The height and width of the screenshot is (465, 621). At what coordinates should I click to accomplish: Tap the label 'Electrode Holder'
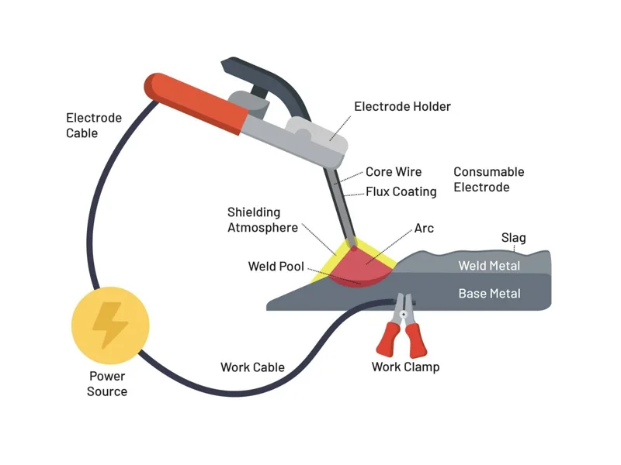tap(402, 106)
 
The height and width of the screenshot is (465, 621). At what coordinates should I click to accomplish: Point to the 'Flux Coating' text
tap(401, 191)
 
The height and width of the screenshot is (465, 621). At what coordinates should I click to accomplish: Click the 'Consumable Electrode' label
tap(489, 180)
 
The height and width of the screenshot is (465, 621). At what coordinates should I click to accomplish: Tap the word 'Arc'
tap(424, 229)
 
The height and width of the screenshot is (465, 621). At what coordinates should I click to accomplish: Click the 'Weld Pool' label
tap(276, 267)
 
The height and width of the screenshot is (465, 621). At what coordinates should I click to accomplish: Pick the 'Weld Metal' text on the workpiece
tap(489, 266)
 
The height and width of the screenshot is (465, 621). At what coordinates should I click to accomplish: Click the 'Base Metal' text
tap(489, 294)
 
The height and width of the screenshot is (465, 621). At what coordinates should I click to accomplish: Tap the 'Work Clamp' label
tap(405, 367)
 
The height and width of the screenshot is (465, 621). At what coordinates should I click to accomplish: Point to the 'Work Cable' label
tap(252, 367)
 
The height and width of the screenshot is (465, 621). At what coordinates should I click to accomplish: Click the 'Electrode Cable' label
tap(94, 126)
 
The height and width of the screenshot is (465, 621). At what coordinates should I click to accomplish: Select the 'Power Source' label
tap(107, 384)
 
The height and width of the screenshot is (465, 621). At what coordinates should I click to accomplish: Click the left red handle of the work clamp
tap(388, 340)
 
